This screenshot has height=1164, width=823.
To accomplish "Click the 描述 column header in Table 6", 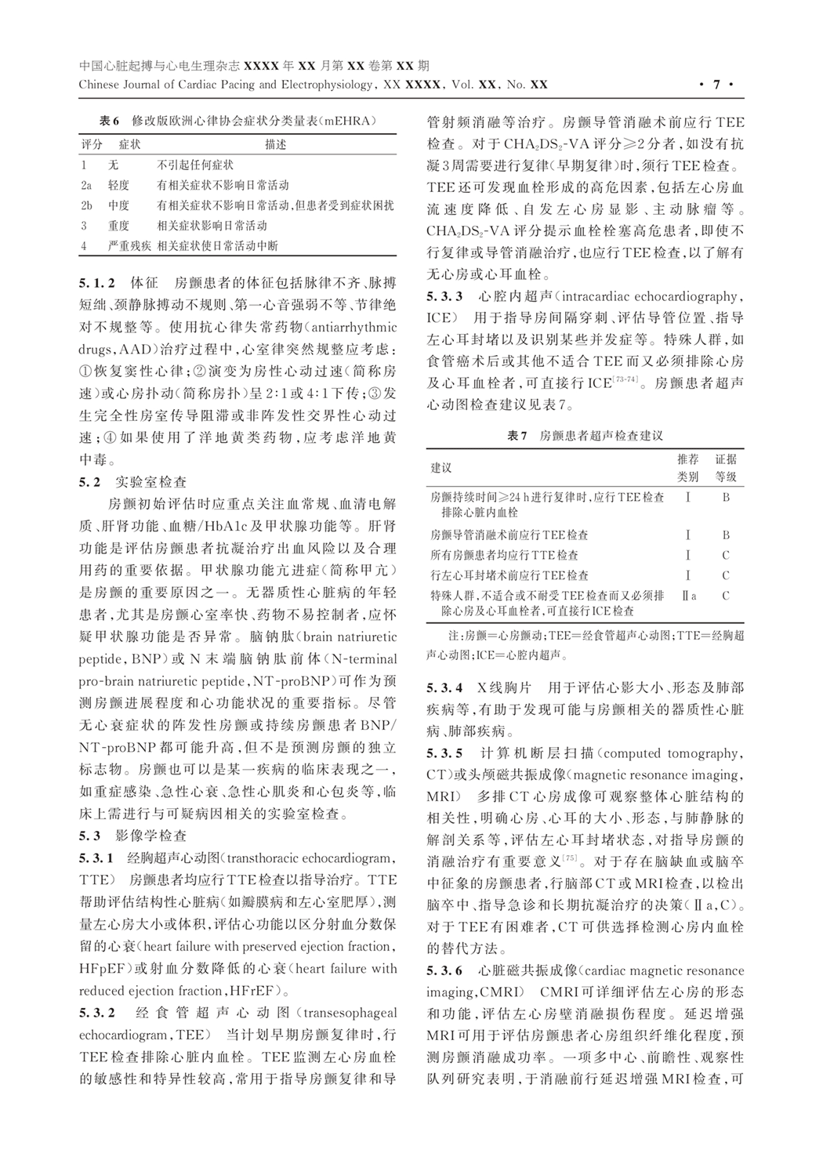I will click(275, 145).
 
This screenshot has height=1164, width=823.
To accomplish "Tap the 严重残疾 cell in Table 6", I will click(129, 245).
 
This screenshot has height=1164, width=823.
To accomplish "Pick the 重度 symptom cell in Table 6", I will click(118, 226).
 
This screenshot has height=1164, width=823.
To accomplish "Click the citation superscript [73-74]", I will click(625, 381).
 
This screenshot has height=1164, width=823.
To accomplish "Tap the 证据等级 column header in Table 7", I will click(725, 467).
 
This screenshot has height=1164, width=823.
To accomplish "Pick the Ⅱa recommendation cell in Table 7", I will click(688, 596).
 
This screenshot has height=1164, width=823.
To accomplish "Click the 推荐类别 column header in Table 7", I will click(687, 467).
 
